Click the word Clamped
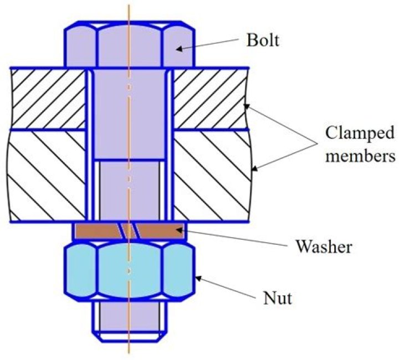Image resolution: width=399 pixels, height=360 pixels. pyautogui.click(x=359, y=133)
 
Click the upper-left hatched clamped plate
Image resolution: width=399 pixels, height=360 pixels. pyautogui.click(x=48, y=99)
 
